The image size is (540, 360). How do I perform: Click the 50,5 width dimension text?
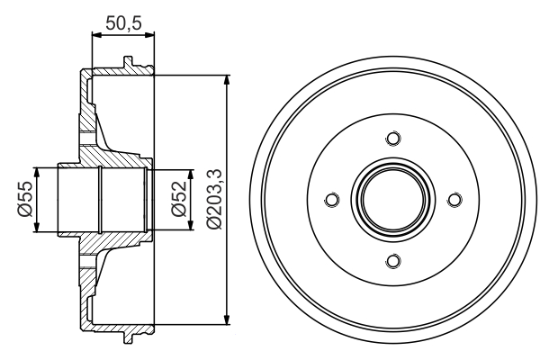click(x=124, y=22)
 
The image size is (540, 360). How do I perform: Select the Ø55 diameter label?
click(x=24, y=200)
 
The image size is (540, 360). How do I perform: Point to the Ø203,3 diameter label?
click(x=212, y=200)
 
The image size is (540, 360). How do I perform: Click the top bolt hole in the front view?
click(x=391, y=138)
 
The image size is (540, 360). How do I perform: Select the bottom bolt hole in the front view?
click(x=391, y=261)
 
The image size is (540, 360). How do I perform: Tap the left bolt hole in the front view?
click(x=329, y=200)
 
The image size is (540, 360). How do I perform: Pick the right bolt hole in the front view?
click(x=454, y=200)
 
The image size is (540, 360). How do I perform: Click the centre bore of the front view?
click(x=391, y=200)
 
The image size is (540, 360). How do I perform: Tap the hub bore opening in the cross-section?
click(x=99, y=200)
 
